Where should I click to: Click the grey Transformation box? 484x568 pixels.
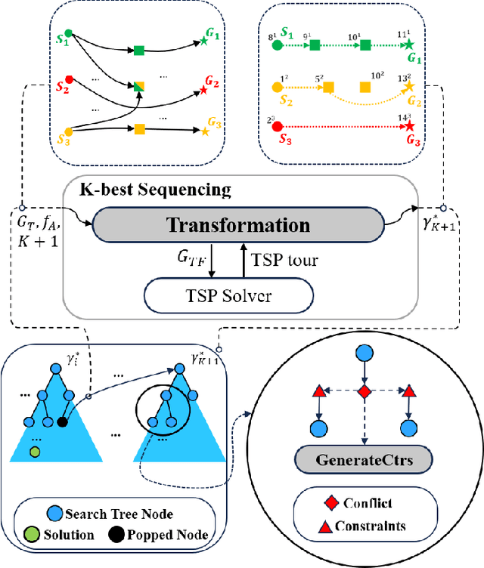click(238, 225)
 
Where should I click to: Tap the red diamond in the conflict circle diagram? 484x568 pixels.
click(365, 392)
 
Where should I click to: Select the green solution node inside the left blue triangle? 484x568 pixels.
click(35, 452)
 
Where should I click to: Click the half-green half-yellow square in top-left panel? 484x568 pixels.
click(139, 87)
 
